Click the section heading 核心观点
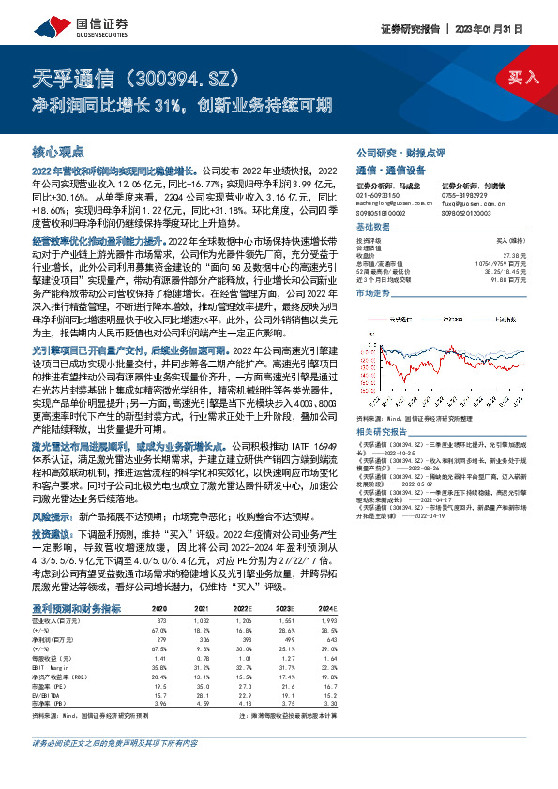(x=58, y=151)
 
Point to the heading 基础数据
(x=373, y=228)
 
